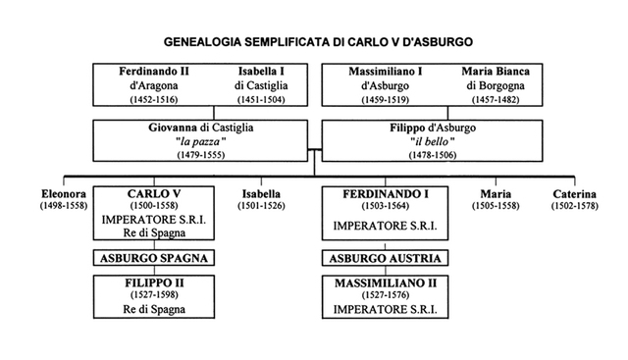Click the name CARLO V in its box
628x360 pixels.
click(157, 192)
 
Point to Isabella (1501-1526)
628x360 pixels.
click(262, 193)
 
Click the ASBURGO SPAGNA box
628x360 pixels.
click(156, 259)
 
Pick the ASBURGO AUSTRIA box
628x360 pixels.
click(383, 259)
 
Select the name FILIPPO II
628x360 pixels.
click(156, 283)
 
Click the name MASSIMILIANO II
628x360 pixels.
click(383, 283)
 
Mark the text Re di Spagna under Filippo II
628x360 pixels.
click(156, 310)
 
